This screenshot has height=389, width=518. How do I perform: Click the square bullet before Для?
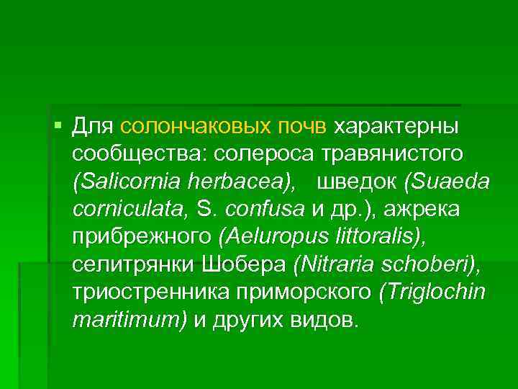(x=58, y=126)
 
